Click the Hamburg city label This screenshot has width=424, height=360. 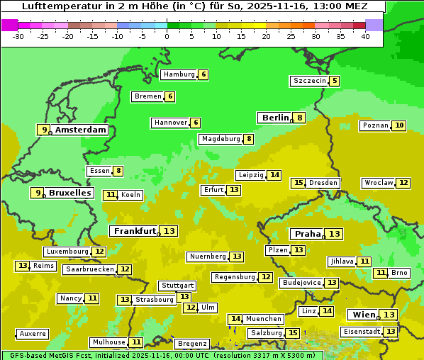179,74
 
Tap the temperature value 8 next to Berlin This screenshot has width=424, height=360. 300,118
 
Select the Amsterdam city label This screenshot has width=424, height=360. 80,130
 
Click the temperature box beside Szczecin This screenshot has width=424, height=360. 334,81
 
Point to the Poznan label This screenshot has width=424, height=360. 375,125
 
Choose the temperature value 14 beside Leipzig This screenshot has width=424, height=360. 274,175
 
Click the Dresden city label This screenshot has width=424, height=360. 323,183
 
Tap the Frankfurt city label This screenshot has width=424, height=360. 135,231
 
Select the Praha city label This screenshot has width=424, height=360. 308,234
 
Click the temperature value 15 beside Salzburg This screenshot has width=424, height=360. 293,333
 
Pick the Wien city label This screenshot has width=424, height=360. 363,315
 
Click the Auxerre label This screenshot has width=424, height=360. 33,334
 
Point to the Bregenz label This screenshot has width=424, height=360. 191,344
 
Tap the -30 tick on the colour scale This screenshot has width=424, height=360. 18,35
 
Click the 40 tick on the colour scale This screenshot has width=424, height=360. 365,35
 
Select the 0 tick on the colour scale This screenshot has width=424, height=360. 167,35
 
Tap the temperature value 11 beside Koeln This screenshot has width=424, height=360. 111,195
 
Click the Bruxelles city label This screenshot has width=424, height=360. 69,193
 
